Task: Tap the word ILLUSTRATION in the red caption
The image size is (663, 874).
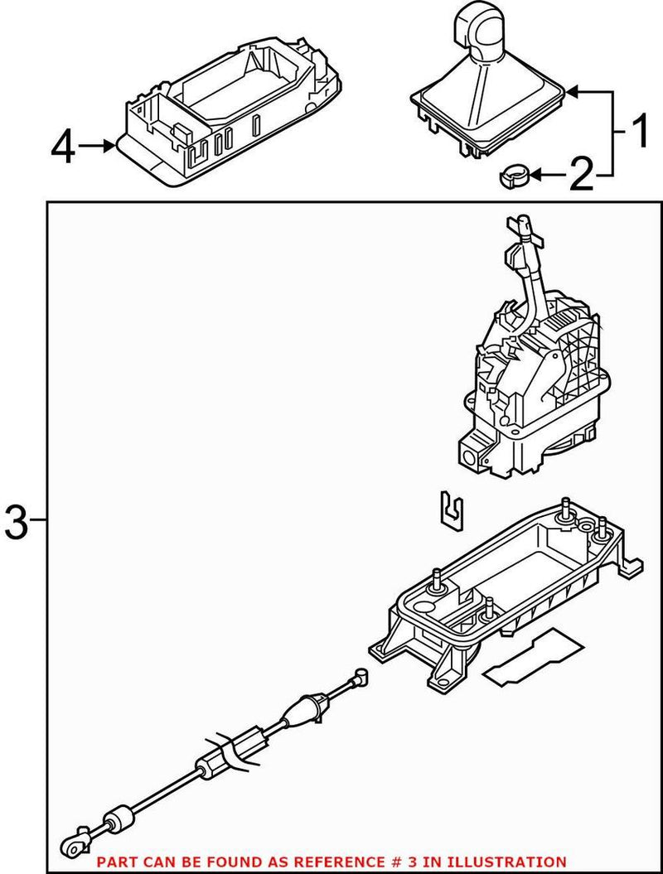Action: [515, 862]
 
